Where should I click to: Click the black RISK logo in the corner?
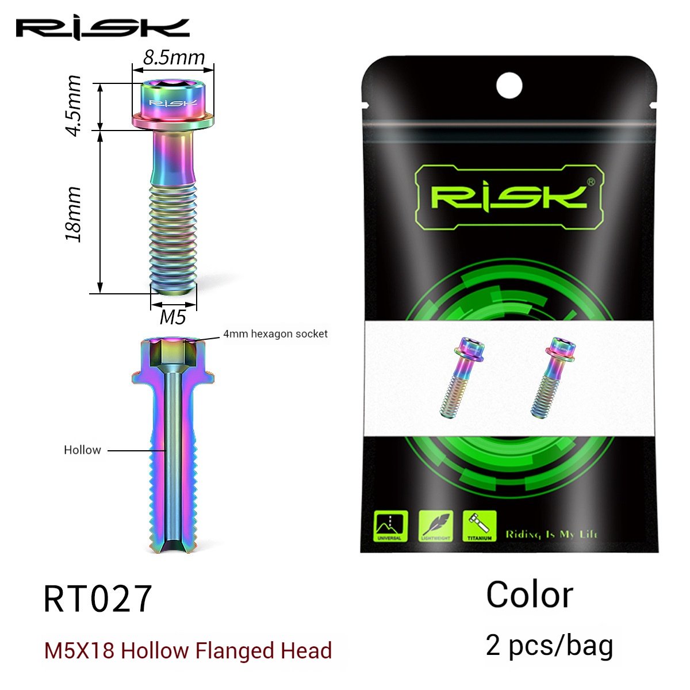pos(102,28)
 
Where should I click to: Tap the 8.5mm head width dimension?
pos(174,57)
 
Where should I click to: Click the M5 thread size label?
pos(173,316)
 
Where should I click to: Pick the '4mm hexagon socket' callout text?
pos(275,333)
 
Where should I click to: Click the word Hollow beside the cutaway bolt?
pos(82,450)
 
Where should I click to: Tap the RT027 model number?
pos(98,598)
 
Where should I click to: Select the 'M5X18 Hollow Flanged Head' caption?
pos(188,651)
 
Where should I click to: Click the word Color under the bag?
pos(529,595)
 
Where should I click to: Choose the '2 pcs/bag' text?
pos(549,645)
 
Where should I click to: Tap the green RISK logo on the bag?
pos(508,197)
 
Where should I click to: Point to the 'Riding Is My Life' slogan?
pos(551,534)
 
